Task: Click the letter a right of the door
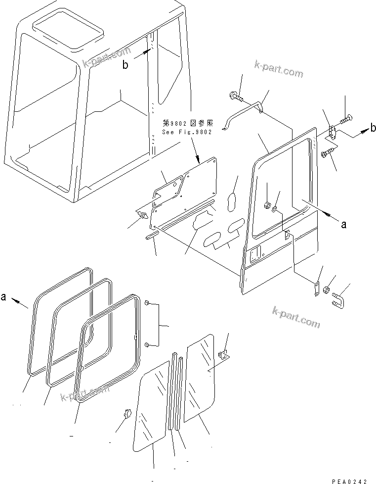tap(344, 224)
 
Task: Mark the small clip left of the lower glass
tap(125, 413)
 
